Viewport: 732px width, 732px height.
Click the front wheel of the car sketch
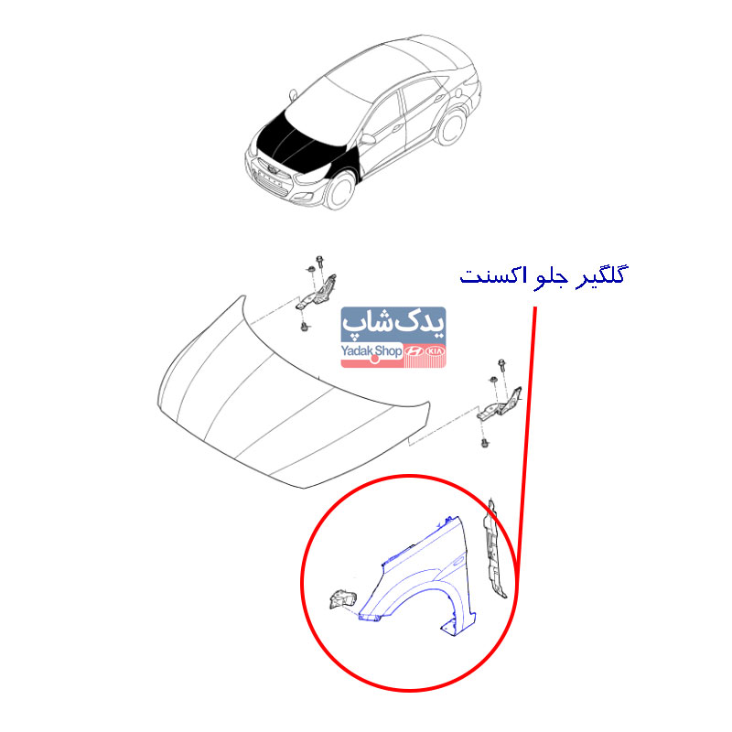[x=339, y=190]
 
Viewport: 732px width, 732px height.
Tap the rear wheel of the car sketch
[x=451, y=126]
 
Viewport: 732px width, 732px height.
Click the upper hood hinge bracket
[x=317, y=293]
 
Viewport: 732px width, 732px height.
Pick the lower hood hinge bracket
[x=499, y=404]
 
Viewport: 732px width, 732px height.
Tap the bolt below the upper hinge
[x=305, y=326]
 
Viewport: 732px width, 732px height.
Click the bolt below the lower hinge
[x=485, y=441]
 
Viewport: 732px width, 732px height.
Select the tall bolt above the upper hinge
[x=319, y=262]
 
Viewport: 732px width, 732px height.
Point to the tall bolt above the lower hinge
[x=501, y=365]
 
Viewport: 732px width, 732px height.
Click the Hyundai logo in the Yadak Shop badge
[x=414, y=351]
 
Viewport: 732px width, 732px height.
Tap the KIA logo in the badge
[x=436, y=350]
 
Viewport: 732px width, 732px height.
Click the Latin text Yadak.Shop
[x=371, y=351]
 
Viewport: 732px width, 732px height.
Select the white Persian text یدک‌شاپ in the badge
[x=393, y=325]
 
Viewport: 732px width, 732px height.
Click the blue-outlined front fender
[x=418, y=576]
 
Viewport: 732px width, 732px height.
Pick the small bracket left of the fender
[x=342, y=600]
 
